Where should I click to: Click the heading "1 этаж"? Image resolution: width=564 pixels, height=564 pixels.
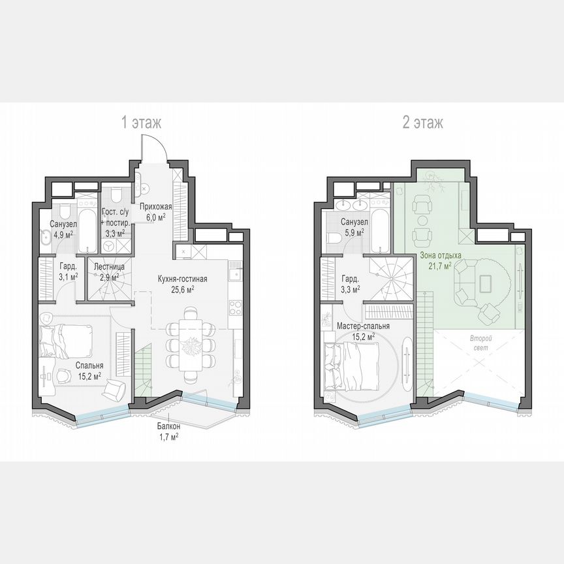point(140,122)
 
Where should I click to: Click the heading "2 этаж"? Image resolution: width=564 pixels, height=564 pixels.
point(422,122)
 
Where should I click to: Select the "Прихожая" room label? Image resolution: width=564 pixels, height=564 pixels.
point(155,207)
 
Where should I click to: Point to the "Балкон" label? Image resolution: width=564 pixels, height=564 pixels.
point(168,427)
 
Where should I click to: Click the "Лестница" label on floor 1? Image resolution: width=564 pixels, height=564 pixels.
point(106,266)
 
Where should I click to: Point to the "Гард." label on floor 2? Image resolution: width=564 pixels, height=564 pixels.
point(350,276)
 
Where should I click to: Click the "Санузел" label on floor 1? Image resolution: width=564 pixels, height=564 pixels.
point(63,225)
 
